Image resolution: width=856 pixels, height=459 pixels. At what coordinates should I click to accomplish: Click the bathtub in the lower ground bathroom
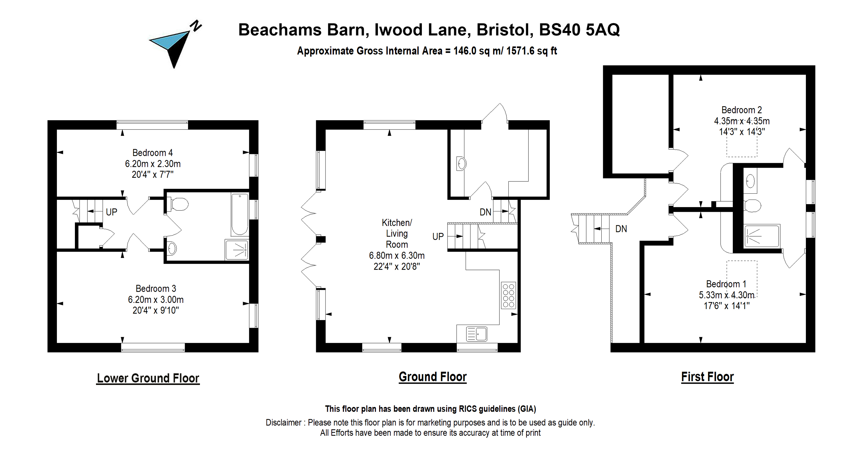click(240, 215)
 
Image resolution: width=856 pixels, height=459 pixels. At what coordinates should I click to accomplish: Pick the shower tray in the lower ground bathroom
click(237, 250)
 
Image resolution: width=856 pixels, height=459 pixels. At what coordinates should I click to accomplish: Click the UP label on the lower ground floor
click(111, 212)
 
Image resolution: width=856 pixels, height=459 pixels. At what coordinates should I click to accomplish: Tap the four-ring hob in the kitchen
click(508, 296)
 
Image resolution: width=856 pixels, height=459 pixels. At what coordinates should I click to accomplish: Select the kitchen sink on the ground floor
click(477, 334)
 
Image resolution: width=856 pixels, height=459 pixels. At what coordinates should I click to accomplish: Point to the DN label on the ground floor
click(485, 212)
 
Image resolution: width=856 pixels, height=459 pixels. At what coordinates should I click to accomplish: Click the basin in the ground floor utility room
click(462, 164)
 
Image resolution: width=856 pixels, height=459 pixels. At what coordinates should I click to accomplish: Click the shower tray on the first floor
click(762, 236)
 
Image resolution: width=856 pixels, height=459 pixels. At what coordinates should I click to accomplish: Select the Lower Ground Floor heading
click(148, 378)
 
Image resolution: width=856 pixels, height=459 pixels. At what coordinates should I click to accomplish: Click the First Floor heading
click(707, 377)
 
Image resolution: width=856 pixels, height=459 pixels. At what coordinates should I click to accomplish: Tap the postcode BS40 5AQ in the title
click(580, 30)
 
